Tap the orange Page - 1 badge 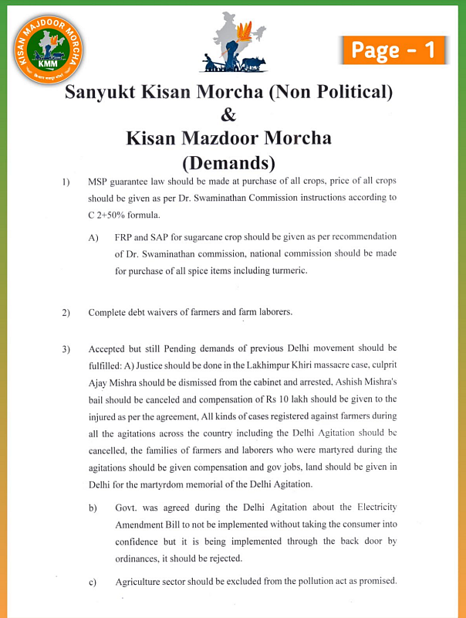[393, 50]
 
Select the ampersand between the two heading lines [228, 116]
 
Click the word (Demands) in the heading [228, 163]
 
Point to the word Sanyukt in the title [100, 93]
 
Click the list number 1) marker [66, 182]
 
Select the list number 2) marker [66, 313]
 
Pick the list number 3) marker [66, 349]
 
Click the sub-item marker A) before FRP [94, 237]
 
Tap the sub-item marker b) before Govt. [93, 508]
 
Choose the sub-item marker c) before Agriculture [93, 582]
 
